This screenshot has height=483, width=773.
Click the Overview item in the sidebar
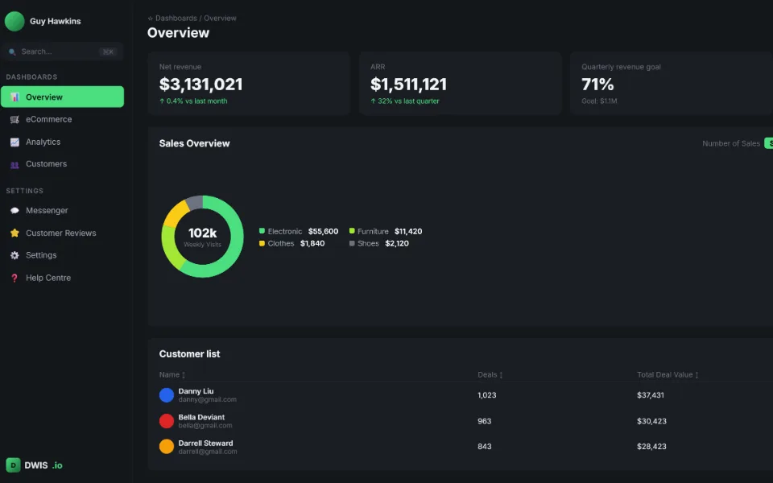(62, 97)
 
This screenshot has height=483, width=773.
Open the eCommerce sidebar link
(48, 119)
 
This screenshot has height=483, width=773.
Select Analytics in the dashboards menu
(43, 142)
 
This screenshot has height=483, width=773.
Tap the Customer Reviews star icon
(14, 233)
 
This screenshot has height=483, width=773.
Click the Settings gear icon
(14, 255)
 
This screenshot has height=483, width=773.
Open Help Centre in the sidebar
(48, 278)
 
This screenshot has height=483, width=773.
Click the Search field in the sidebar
(62, 52)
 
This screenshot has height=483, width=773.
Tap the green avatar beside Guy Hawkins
(14, 21)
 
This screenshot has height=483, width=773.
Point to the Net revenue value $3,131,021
(200, 85)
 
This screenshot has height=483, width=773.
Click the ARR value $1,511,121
(408, 85)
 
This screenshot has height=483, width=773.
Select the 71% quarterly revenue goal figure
(597, 85)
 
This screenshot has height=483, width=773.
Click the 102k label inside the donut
(202, 233)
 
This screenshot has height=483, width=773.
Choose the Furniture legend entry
(386, 231)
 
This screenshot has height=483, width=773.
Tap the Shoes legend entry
(378, 243)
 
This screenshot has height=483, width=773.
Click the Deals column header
(490, 374)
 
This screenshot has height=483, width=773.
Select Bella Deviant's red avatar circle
(167, 421)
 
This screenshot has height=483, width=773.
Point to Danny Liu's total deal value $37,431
(651, 395)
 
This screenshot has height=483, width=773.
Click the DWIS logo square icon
(14, 464)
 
